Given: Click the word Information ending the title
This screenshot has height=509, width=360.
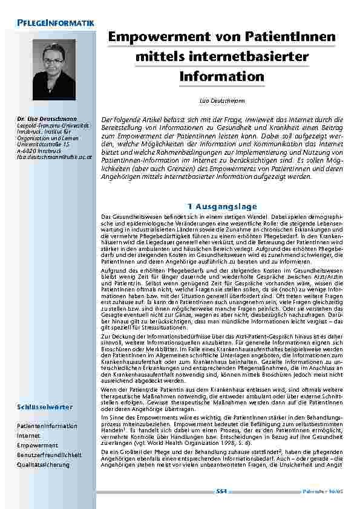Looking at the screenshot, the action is pos(221,77).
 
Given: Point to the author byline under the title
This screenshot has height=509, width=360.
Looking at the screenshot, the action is pos(221,97).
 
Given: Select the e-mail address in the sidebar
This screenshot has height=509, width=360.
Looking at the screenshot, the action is pos(54,157).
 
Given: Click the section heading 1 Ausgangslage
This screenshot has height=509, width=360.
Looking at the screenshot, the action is pos(222,207).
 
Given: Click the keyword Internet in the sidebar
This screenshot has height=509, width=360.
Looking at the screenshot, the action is pos(28,435).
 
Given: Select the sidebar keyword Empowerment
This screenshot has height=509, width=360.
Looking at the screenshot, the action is pos(34,446).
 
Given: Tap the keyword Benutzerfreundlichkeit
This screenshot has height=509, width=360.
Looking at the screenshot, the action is pos(49,455).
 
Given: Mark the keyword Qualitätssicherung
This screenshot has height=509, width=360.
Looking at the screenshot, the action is pos(43,464).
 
